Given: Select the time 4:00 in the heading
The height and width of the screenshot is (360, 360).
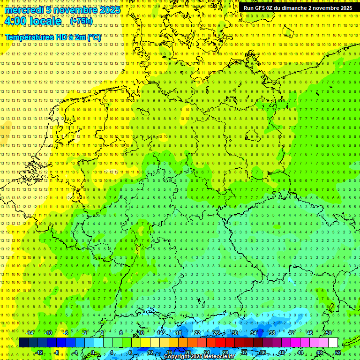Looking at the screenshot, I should coord(16,22).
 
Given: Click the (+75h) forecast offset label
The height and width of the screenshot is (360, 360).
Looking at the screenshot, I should coord(81,21).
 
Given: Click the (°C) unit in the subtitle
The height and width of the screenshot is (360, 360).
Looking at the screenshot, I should coord(94,37).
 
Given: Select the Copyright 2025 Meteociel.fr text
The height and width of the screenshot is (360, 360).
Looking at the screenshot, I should coord(199,357).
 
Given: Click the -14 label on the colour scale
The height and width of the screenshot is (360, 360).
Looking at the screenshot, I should coord(30,333).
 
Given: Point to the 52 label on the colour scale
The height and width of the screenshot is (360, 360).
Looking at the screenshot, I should coord(338,352).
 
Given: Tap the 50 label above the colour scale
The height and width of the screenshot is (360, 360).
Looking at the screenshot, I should coord(328,333).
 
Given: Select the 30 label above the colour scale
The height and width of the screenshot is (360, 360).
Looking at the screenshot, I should coord(234,333).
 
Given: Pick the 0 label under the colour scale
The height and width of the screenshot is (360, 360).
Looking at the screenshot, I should coord(93,352).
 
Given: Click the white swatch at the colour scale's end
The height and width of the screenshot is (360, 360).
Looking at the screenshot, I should coord(333,343).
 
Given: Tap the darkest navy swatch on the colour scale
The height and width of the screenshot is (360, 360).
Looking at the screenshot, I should coord(23,343).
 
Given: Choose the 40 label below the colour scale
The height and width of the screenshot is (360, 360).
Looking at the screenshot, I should coord(281,352).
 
